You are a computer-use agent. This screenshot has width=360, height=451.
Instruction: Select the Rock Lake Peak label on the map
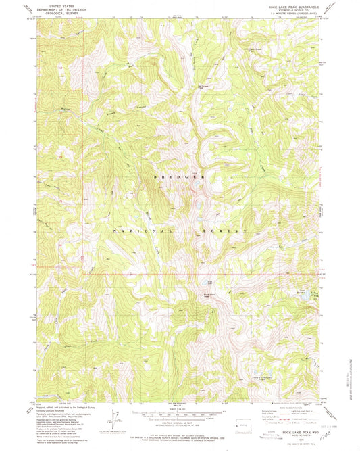[211, 294]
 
